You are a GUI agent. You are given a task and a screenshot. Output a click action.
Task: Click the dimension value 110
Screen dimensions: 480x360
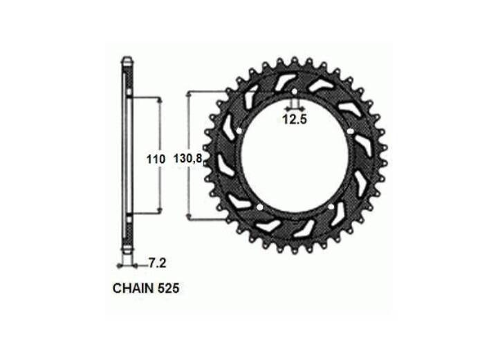[156, 160]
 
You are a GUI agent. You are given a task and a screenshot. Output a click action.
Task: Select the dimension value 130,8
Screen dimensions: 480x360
[188, 158]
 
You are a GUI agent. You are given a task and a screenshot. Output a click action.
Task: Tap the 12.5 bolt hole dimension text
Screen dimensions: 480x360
[295, 120]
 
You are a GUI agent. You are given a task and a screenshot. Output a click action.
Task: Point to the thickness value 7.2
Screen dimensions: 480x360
[158, 263]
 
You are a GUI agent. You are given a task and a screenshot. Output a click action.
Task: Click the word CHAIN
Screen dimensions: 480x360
[133, 288]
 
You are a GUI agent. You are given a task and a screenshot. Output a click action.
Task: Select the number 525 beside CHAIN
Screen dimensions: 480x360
[168, 288]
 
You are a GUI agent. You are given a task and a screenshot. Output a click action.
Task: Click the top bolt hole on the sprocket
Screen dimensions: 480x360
[294, 91]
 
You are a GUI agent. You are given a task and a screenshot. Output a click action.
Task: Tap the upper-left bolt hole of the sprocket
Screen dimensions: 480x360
[239, 131]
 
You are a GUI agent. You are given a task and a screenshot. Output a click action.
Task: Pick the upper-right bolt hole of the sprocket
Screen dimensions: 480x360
[351, 131]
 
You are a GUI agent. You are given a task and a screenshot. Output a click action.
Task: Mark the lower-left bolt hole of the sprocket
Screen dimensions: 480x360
[260, 208]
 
